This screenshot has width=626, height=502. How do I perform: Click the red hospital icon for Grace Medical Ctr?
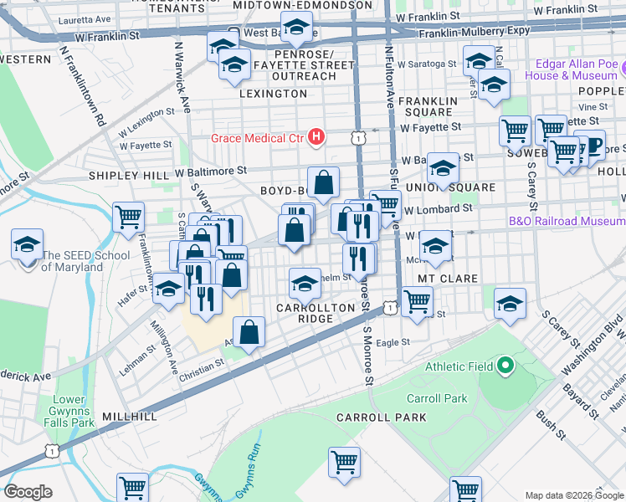316,136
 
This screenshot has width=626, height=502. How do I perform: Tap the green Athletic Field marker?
505,366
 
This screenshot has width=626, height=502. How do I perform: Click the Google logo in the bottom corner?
28,492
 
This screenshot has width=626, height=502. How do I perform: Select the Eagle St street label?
393,342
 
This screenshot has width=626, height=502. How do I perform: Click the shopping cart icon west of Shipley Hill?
129,218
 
